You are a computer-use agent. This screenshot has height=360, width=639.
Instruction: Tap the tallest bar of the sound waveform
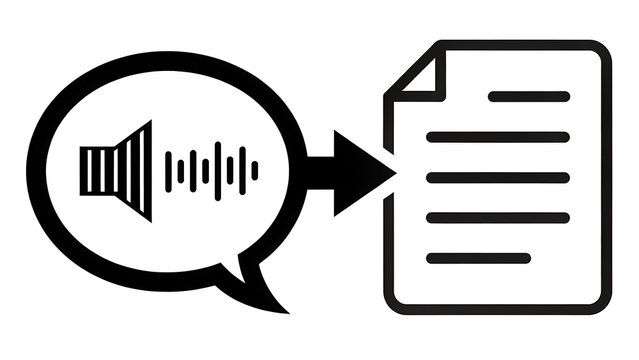217,170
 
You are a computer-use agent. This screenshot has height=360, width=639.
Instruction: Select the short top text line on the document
529,97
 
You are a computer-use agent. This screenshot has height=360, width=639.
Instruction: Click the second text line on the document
497,137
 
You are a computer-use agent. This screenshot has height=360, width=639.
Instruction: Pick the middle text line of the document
497,177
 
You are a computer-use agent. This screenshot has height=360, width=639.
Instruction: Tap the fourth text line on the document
497,217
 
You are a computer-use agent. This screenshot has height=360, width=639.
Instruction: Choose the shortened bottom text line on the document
478,257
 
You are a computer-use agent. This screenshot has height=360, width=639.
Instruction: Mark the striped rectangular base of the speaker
96,170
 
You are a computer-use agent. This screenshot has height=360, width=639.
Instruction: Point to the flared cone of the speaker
135,170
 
